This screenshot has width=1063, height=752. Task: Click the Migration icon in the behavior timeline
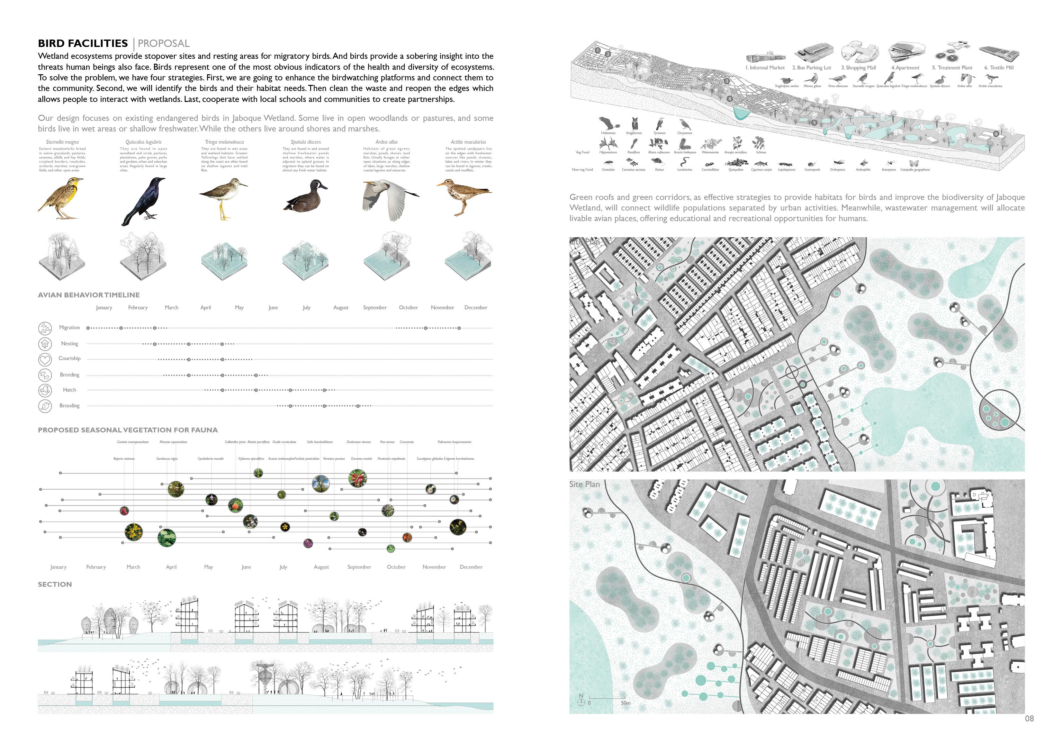coord(45,328)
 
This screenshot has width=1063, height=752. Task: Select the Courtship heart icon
coord(45,359)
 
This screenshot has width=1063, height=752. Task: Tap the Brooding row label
coord(69,406)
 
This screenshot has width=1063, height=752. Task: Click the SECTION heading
coord(55,584)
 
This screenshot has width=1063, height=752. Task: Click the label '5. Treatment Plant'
coord(952,68)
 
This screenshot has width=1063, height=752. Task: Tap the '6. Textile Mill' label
coord(999,68)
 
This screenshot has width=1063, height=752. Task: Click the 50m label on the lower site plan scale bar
coord(626,703)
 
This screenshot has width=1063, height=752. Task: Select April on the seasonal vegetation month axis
coord(171,567)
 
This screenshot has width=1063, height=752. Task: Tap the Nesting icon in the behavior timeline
coord(45,344)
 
